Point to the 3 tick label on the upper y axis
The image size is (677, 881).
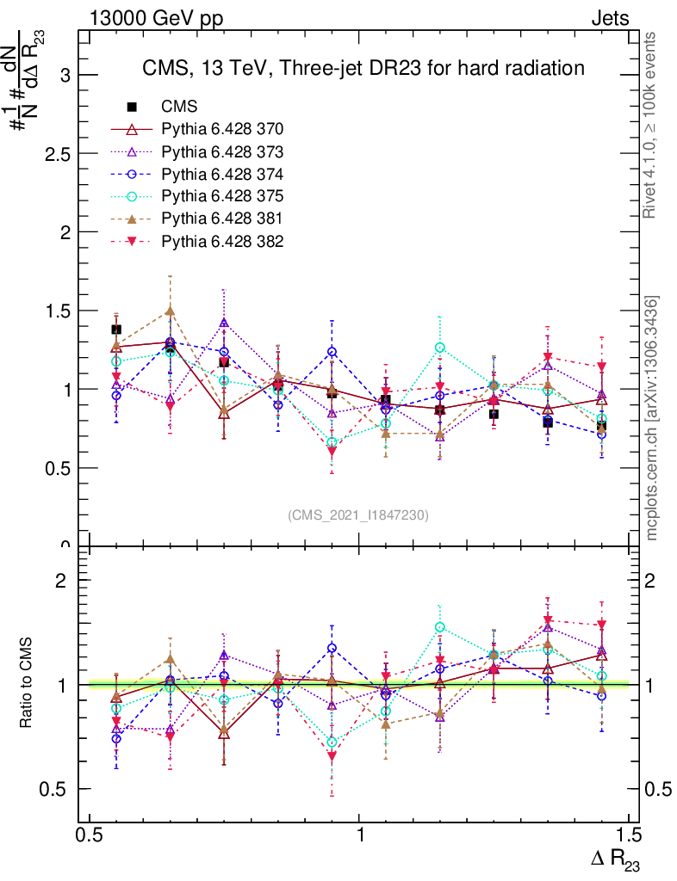64,76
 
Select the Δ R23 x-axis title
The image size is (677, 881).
614,859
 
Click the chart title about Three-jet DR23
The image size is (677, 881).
363,68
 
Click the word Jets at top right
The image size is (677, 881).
610,18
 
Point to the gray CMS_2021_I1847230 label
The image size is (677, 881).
358,515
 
